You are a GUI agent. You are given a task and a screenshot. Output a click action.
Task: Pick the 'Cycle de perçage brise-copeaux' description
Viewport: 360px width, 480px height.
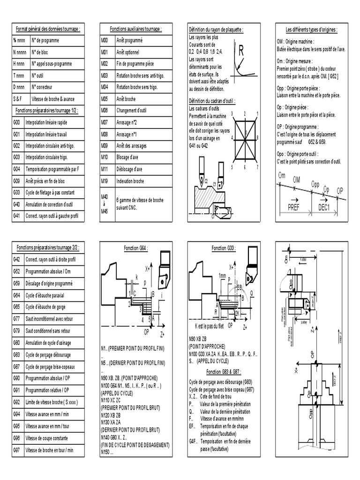click(x=50, y=367)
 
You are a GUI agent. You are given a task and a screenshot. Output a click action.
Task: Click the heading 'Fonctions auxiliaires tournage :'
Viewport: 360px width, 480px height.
click(x=136, y=29)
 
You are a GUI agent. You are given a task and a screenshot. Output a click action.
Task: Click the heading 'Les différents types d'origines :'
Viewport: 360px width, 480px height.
click(x=312, y=29)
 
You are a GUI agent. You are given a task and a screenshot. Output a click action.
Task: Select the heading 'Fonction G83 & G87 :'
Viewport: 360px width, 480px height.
click(x=225, y=371)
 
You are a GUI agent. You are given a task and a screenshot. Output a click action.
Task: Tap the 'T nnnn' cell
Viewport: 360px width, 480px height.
click(x=19, y=75)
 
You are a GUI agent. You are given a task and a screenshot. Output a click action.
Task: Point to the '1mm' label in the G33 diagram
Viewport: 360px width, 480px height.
click(x=223, y=275)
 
